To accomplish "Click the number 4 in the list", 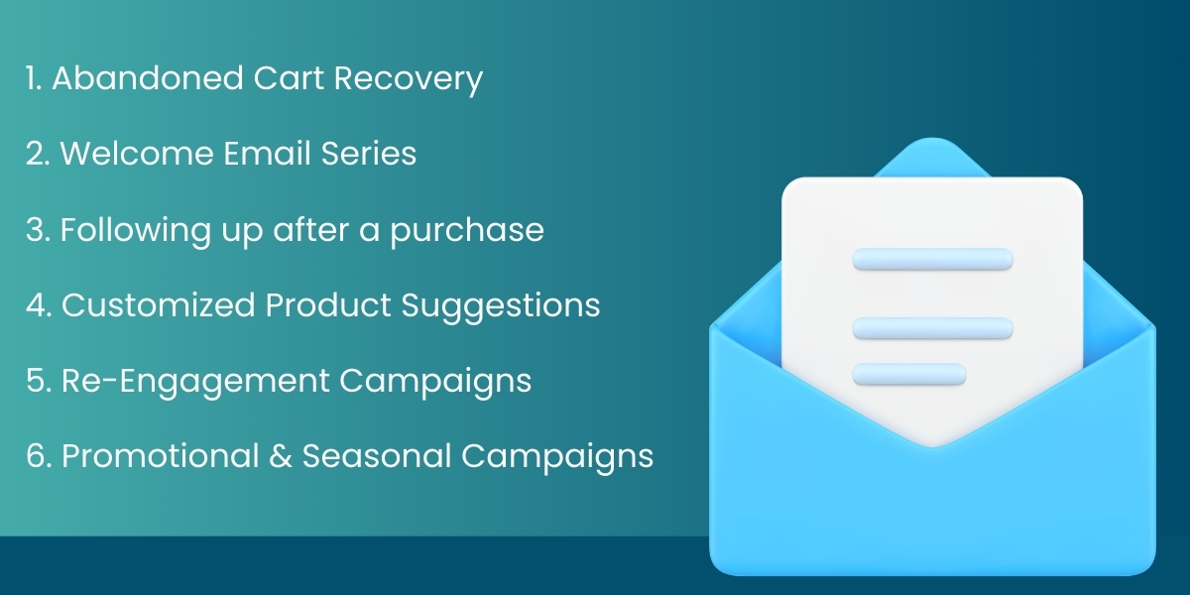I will coord(35,305).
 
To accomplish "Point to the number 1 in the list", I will coord(32,77).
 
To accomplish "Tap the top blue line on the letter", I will coord(932,260).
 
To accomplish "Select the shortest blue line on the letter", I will coord(909,374).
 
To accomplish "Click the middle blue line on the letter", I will coord(932,328).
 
